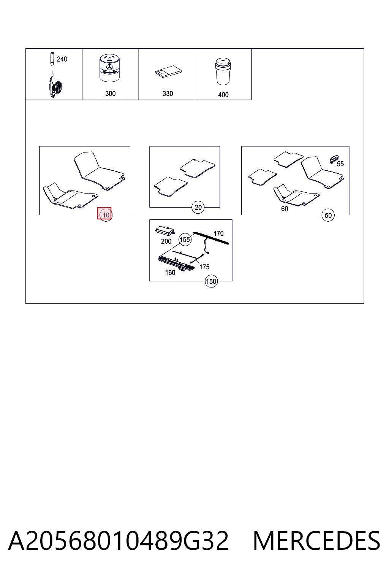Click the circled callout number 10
106,215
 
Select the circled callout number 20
198,208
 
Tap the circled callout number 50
328,215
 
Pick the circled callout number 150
211,282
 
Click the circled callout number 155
185,239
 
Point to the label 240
62,59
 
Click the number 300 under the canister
111,94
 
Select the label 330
168,94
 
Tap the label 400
223,95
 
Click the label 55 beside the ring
340,164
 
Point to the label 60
285,209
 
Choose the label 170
218,233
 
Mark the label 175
204,267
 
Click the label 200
166,241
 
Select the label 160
170,273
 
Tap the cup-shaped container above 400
223,71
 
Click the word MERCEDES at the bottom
316,541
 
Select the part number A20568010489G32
119,541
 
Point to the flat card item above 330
168,71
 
